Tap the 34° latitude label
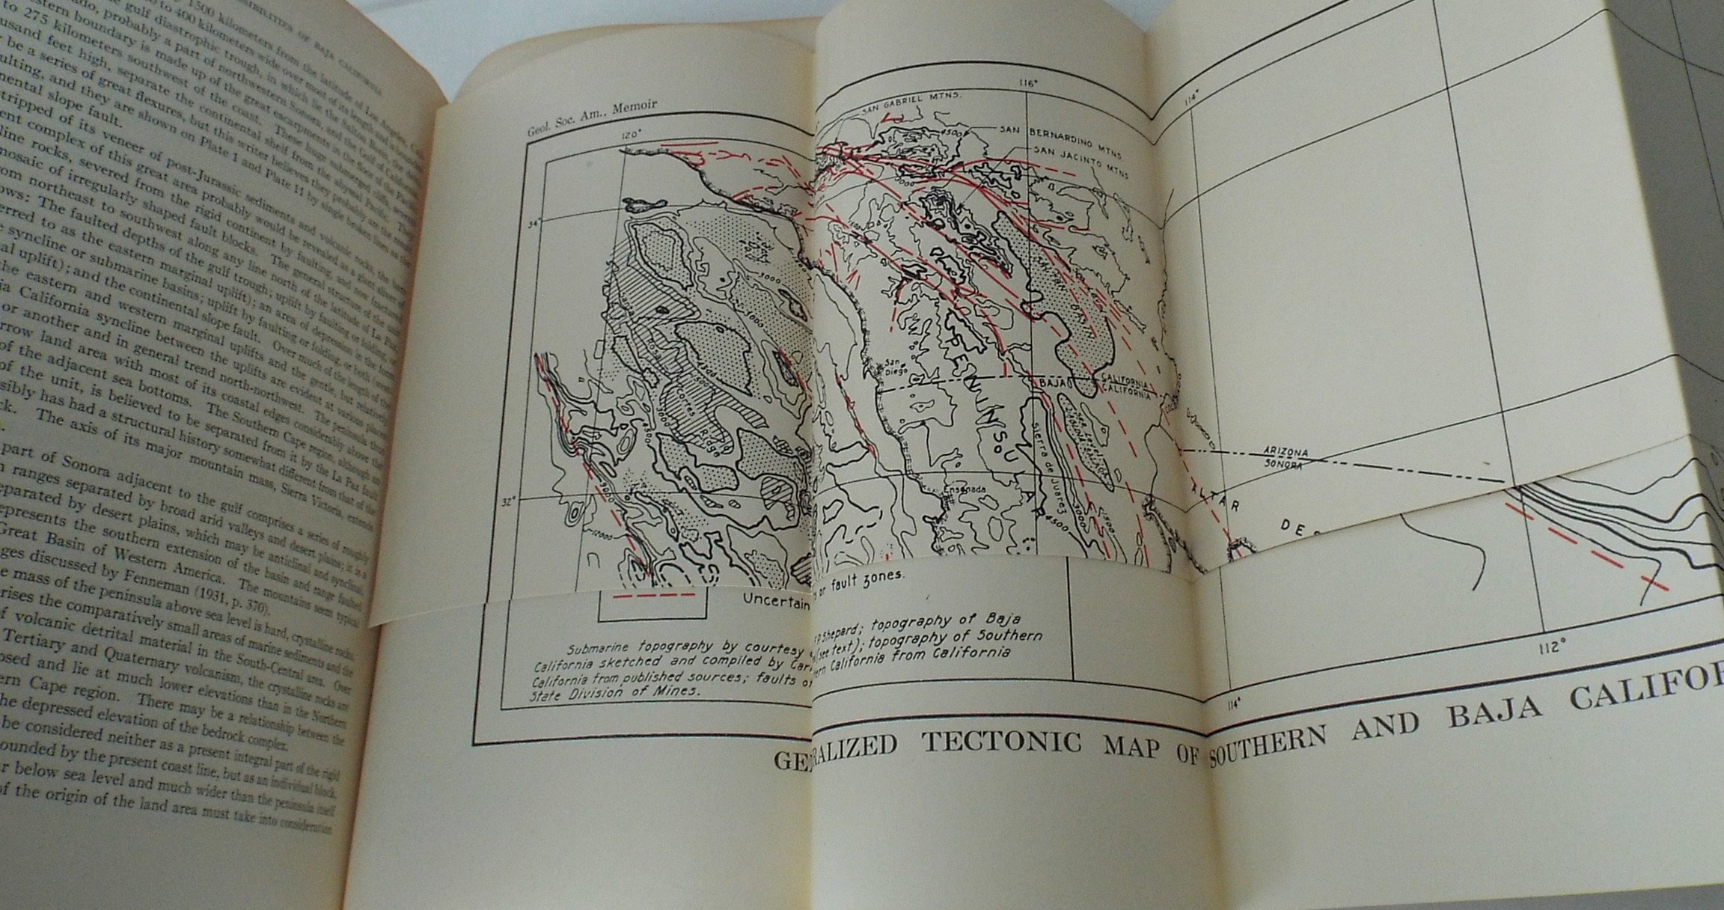tap(534, 222)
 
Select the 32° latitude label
tap(508, 502)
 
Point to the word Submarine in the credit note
tap(596, 649)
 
